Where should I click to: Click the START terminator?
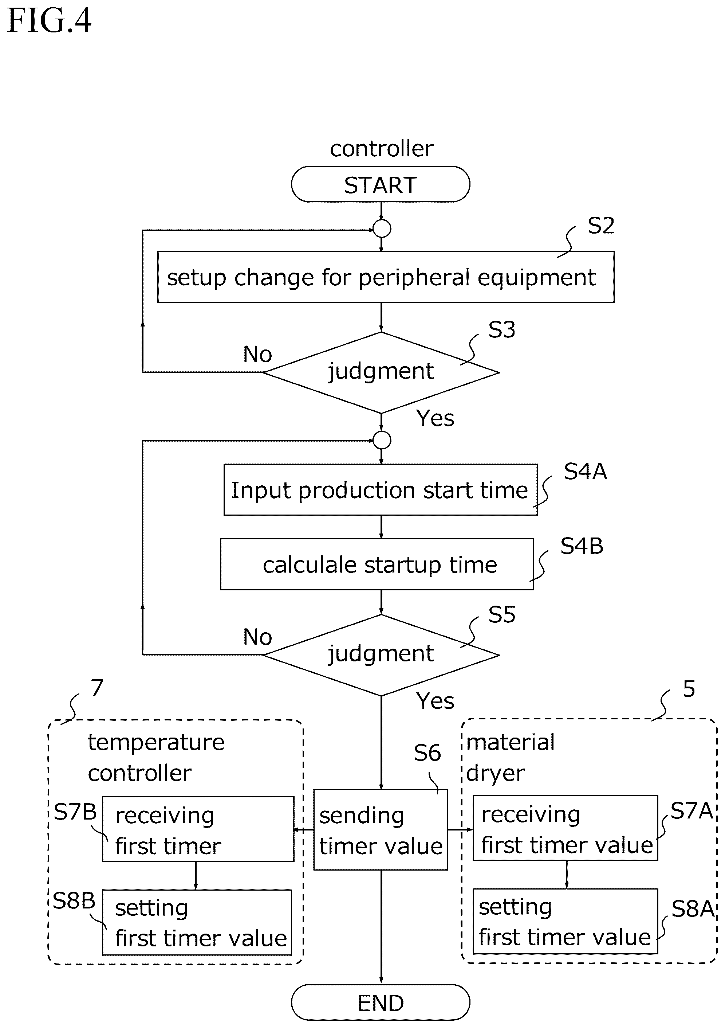tap(381, 184)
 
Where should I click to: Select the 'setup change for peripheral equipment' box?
tap(386, 277)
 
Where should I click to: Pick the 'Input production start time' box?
tap(381, 490)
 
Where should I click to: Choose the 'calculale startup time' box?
tap(377, 564)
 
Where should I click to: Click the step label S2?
tap(601, 226)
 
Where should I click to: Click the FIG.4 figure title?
tap(49, 21)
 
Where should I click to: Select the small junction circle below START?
tap(382, 229)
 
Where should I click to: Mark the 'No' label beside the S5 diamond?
tap(257, 637)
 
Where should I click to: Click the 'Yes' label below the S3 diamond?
tap(435, 418)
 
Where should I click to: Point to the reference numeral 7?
tap(97, 688)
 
